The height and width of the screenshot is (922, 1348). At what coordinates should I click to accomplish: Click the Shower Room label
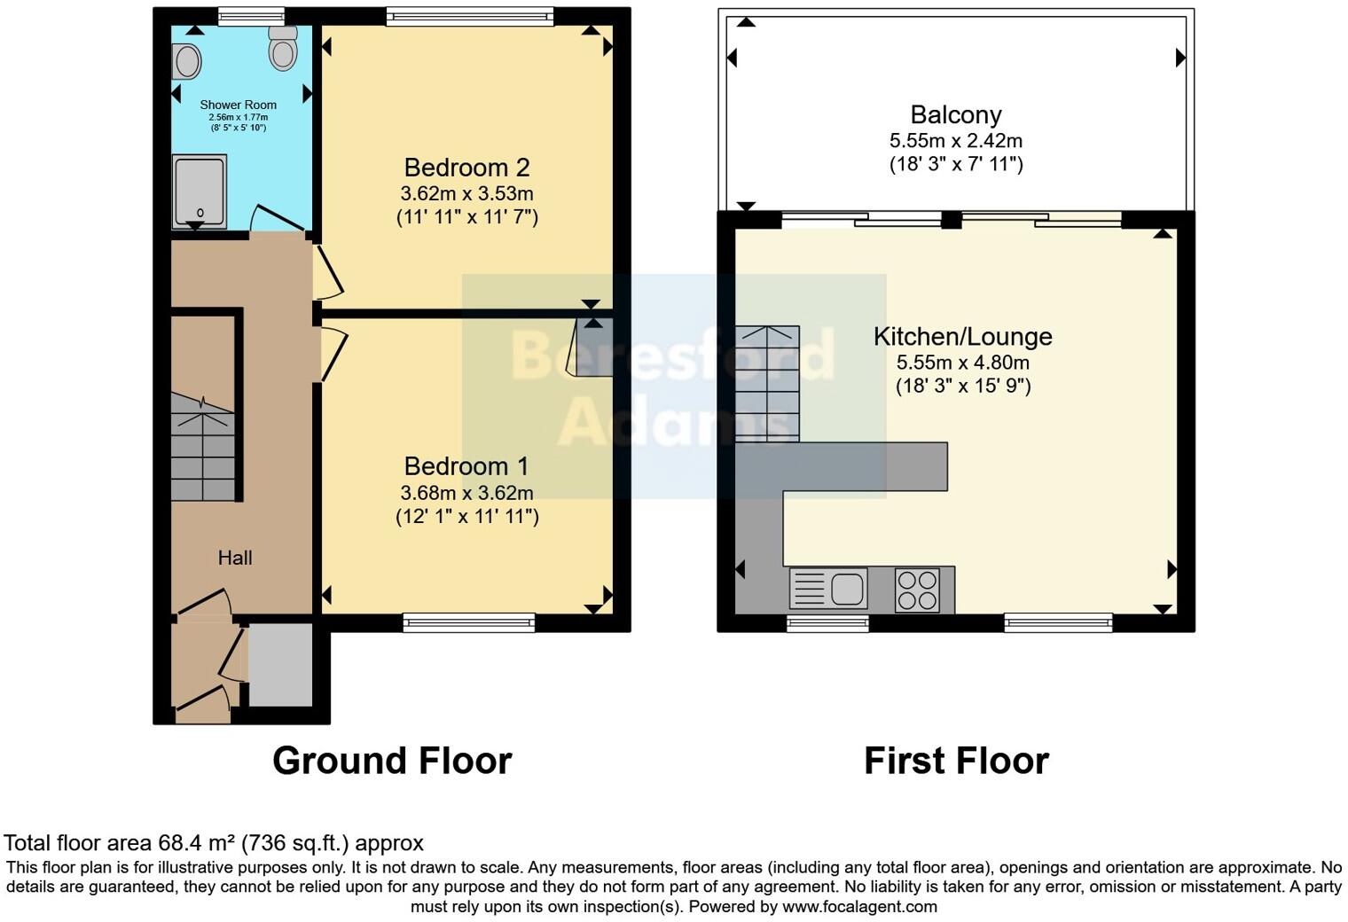coord(239,105)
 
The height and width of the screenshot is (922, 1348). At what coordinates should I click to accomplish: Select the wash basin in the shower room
coord(186,61)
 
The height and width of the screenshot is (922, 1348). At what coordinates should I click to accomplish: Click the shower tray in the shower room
coord(200,191)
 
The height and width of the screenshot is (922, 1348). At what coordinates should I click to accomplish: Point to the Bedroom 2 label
coord(467,168)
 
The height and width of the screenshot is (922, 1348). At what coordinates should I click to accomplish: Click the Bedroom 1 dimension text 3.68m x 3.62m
coord(467,493)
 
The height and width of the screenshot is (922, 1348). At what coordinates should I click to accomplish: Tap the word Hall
coord(235,559)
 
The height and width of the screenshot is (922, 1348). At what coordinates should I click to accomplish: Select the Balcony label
coord(956,115)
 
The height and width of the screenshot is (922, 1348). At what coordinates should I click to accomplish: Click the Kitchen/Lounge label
coord(963,337)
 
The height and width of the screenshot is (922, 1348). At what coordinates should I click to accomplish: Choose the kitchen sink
coord(828,588)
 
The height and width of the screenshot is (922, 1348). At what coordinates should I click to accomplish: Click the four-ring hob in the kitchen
coord(917,590)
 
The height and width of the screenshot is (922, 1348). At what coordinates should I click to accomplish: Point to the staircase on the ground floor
coord(203,447)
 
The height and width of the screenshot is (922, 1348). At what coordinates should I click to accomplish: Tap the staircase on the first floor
coord(767,384)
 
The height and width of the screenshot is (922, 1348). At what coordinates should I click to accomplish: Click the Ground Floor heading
coord(392,761)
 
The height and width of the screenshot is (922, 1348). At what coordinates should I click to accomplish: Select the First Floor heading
coord(956,761)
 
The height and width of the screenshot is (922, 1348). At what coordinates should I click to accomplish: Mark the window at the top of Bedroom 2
coord(469,16)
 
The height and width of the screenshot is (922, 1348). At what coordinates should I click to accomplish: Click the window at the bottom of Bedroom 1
coord(469,622)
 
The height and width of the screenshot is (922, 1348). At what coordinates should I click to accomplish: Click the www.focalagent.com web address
coord(860,906)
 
